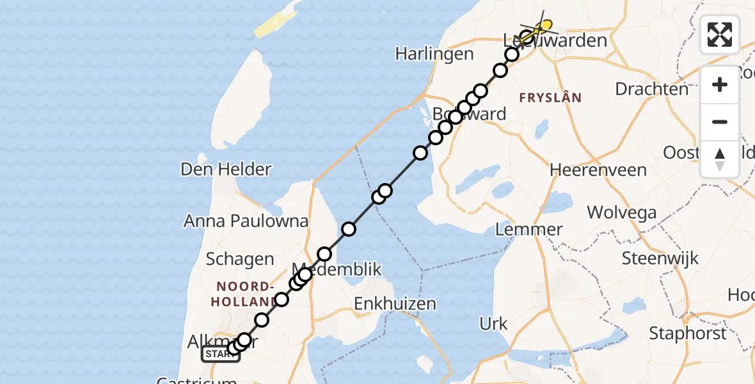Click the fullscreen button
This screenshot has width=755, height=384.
[720, 35]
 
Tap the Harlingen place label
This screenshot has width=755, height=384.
[434, 54]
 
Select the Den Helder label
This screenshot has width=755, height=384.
[226, 170]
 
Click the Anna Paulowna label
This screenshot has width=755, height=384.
[246, 221]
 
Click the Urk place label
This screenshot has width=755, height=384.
[494, 324]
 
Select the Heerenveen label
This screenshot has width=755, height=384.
[598, 170]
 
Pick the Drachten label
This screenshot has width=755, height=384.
[651, 89]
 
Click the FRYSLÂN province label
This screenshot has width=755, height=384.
[550, 98]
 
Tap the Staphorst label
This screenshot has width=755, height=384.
[688, 333]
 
